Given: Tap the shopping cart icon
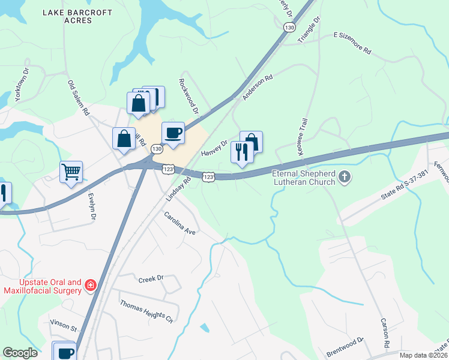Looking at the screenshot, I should click(71, 172).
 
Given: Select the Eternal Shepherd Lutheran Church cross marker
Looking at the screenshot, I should click(344, 177).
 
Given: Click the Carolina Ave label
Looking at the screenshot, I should click(181, 223).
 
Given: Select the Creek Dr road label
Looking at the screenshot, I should click(151, 279).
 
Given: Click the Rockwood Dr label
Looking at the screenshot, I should click(188, 95).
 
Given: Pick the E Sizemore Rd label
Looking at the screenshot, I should click(352, 44).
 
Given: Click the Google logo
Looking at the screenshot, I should click(20, 352).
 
